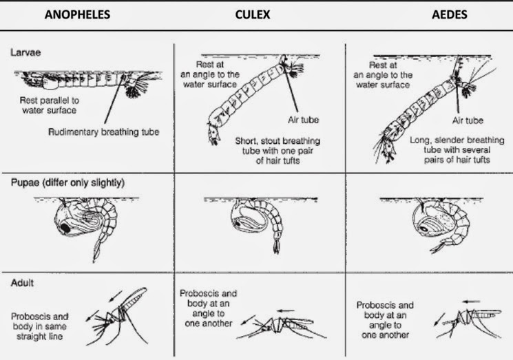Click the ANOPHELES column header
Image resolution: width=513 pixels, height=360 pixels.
pyautogui.click(x=77, y=14)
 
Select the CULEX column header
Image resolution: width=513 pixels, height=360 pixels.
pyautogui.click(x=253, y=14)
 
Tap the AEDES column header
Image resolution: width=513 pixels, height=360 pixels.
pyautogui.click(x=450, y=14)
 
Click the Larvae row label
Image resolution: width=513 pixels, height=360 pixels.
pyautogui.click(x=25, y=52)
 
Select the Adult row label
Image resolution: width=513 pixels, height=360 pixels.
pyautogui.click(x=22, y=282)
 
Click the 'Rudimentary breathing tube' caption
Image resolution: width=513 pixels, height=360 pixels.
pyautogui.click(x=104, y=132)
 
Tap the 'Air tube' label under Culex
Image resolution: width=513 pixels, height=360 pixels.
pyautogui.click(x=303, y=120)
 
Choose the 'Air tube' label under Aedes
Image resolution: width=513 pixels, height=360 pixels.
pyautogui.click(x=468, y=120)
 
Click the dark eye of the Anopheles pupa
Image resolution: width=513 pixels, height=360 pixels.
pyautogui.click(x=65, y=229)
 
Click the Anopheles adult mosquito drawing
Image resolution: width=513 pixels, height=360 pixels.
pyautogui.click(x=118, y=317)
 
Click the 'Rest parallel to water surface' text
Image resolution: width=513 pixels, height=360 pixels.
pyautogui.click(x=50, y=105)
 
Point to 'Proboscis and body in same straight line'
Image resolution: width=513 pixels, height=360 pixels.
pyautogui.click(x=39, y=326)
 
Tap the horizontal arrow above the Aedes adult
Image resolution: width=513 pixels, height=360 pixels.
pyautogui.click(x=472, y=301)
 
